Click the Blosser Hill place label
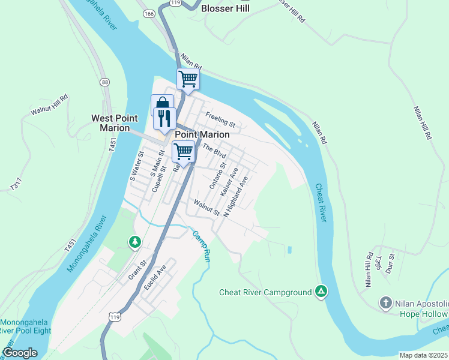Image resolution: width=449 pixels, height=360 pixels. (225, 8)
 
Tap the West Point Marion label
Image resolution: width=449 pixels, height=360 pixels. (110, 123)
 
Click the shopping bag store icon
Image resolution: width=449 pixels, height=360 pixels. (161, 104)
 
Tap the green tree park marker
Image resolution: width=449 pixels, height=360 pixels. (135, 242)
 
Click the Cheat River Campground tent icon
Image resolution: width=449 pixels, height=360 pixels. (322, 292)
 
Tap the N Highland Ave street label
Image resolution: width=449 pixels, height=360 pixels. (235, 196)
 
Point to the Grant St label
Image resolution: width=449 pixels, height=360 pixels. (137, 271)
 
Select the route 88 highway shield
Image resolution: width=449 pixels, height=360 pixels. (106, 82)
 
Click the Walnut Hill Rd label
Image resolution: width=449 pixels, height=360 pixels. (50, 104)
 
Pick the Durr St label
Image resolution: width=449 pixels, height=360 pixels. (391, 264)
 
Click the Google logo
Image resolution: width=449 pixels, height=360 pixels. (20, 353)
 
